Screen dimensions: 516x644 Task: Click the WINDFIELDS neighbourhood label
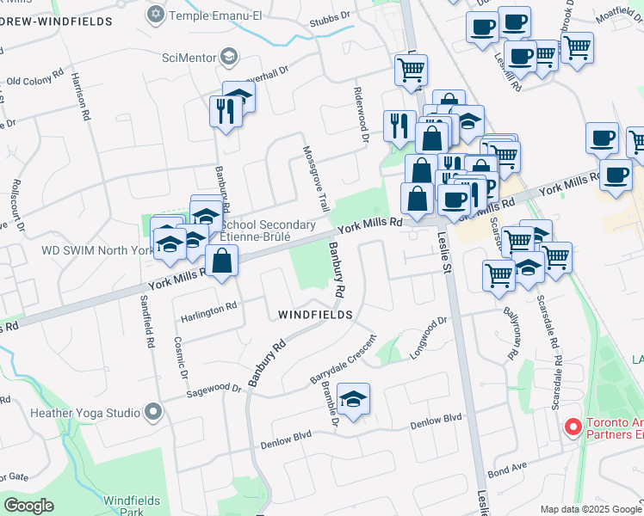tap(315, 316)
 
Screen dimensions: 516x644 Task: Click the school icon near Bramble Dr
tap(353, 400)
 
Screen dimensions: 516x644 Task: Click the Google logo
tap(29, 505)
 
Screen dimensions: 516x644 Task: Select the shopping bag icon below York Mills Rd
tap(222, 261)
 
